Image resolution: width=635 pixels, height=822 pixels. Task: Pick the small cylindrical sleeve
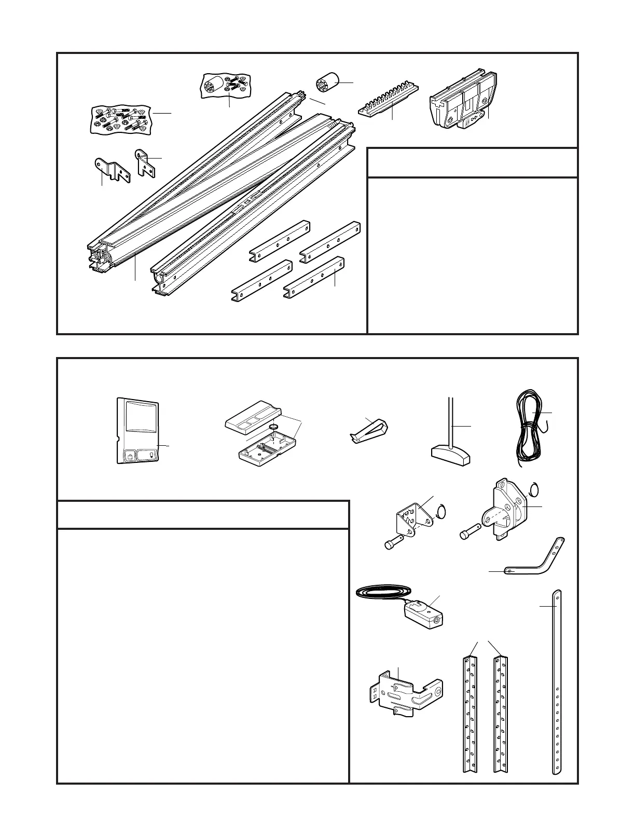(327, 83)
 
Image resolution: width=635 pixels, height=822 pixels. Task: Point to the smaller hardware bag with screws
(226, 85)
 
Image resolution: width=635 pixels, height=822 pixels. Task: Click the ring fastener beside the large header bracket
(536, 490)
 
